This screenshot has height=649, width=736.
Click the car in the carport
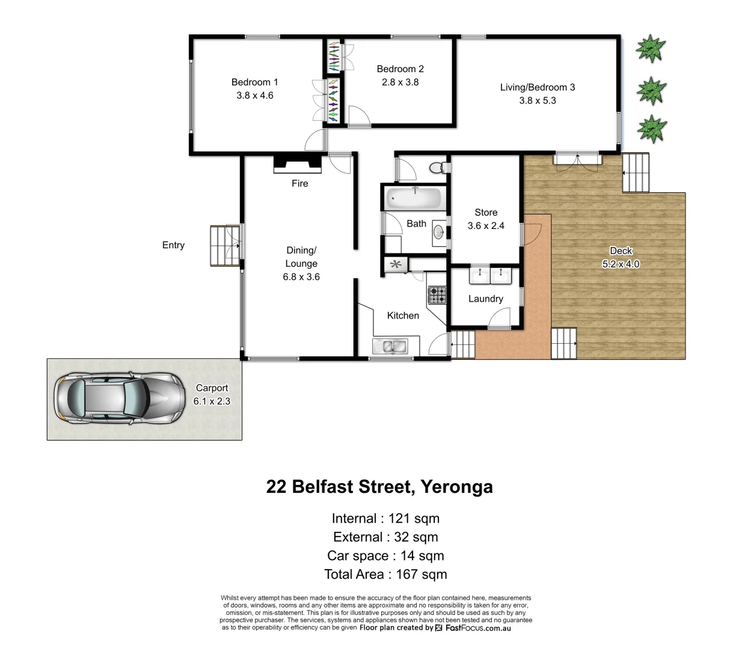pyautogui.click(x=119, y=398)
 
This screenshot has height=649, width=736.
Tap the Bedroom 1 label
pyautogui.click(x=254, y=82)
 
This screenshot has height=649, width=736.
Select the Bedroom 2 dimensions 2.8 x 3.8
pyautogui.click(x=400, y=82)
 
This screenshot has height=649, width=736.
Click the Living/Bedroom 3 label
pyautogui.click(x=537, y=87)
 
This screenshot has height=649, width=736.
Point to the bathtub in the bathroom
pyautogui.click(x=414, y=198)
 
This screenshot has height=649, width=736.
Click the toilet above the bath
pyautogui.click(x=437, y=168)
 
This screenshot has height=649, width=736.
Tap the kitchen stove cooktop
pyautogui.click(x=437, y=295)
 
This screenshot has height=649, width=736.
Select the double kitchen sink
pyautogui.click(x=389, y=347)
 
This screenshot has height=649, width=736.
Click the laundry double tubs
pyautogui.click(x=490, y=276)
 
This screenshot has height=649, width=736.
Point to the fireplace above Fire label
pyautogui.click(x=297, y=163)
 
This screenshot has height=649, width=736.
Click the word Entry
pyautogui.click(x=173, y=245)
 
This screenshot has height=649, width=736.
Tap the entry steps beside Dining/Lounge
pyautogui.click(x=224, y=246)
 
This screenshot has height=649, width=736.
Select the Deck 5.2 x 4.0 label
pyautogui.click(x=621, y=257)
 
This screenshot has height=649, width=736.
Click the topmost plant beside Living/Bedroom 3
pyautogui.click(x=651, y=48)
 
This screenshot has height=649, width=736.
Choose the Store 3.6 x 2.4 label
pyautogui.click(x=486, y=219)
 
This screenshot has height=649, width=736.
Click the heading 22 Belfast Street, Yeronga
pyautogui.click(x=379, y=486)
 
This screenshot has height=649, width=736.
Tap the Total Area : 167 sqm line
pyautogui.click(x=385, y=574)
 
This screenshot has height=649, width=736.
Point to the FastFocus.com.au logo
pyautogui.click(x=473, y=627)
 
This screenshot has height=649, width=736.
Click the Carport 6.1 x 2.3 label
pyautogui.click(x=212, y=394)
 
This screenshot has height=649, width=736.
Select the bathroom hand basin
pyautogui.click(x=440, y=231)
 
